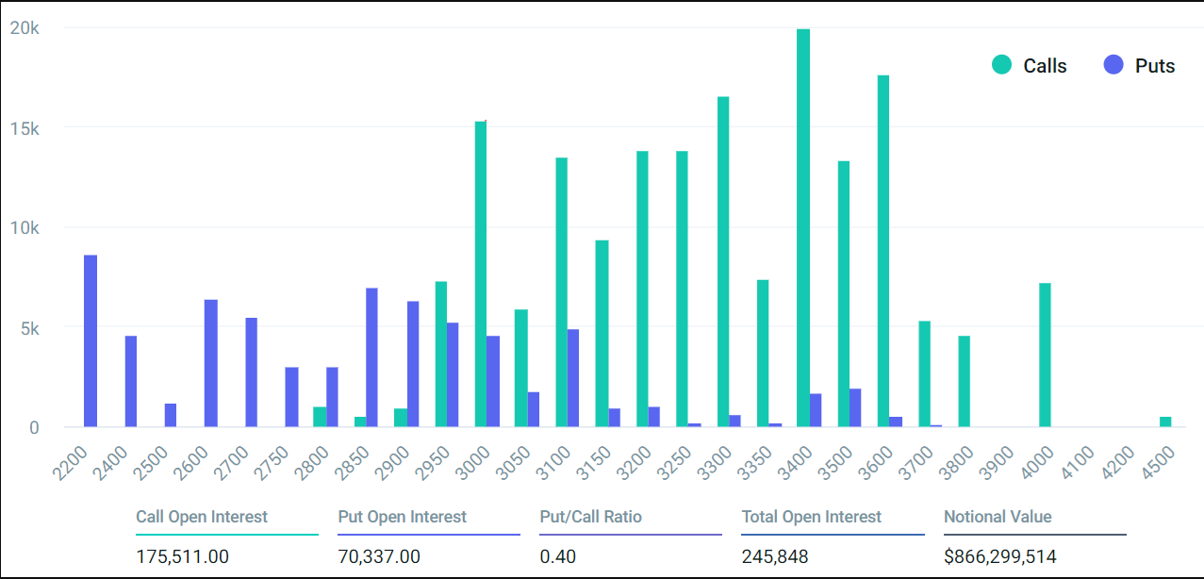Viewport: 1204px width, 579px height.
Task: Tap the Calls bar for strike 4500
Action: [1165, 422]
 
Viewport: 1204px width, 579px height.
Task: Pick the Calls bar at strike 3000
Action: [481, 273]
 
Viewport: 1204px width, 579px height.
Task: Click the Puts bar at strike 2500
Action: [171, 416]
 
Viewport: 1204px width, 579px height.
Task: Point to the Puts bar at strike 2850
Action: [371, 357]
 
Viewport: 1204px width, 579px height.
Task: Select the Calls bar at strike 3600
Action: [883, 251]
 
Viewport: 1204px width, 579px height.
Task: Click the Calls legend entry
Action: [1029, 66]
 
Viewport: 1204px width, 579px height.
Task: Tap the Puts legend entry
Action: [1140, 66]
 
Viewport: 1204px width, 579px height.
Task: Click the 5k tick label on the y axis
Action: [25, 328]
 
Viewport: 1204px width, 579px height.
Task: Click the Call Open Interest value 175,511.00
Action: [182, 556]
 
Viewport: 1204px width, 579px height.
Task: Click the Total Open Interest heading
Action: [812, 517]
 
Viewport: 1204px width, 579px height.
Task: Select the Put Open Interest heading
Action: [403, 517]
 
